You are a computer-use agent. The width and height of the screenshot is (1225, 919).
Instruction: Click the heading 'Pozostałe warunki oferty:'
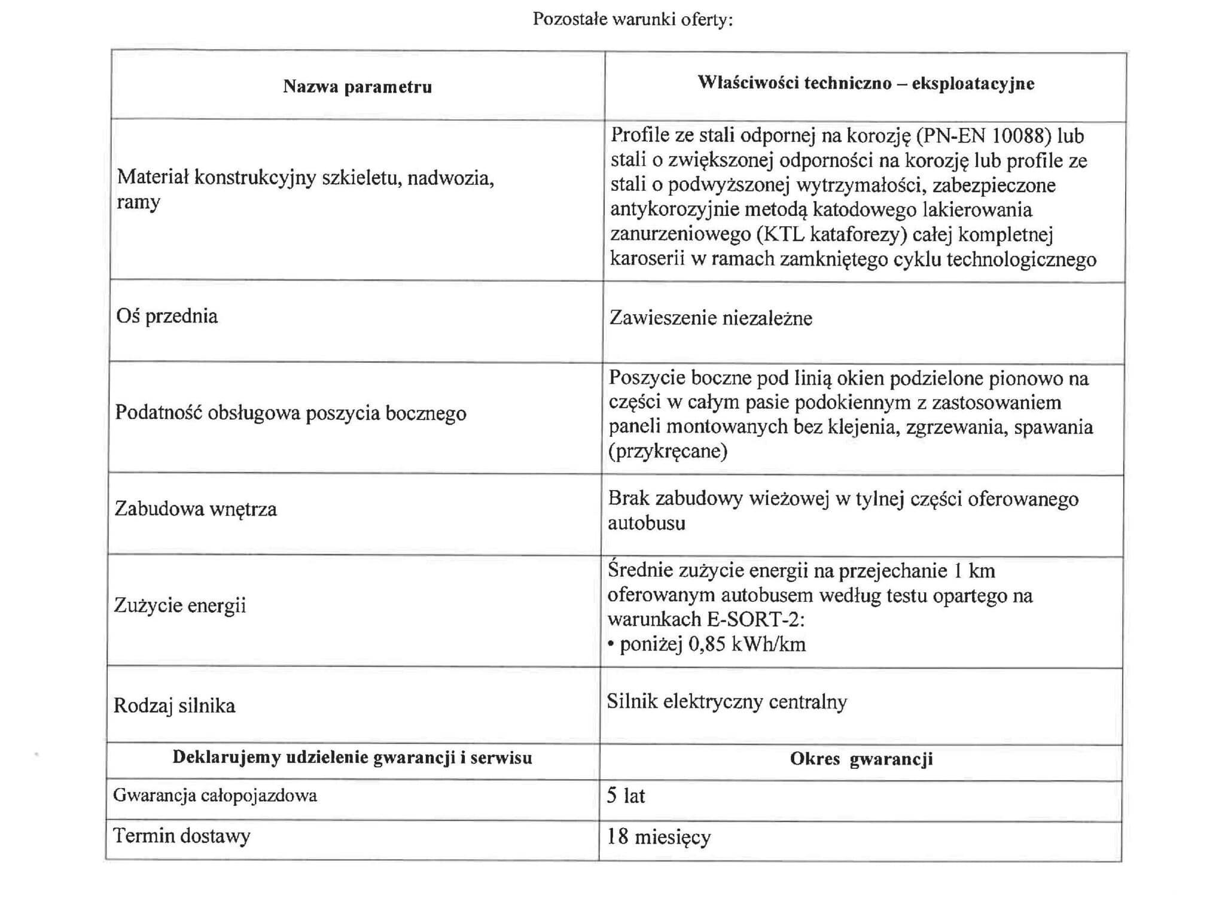point(632,20)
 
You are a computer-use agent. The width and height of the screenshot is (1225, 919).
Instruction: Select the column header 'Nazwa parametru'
point(357,87)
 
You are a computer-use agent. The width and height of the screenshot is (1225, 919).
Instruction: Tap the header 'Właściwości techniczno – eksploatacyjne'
point(866,83)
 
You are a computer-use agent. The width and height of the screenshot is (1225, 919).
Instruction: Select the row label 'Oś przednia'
point(167,316)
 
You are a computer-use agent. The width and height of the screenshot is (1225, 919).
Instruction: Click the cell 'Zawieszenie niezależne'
point(711,318)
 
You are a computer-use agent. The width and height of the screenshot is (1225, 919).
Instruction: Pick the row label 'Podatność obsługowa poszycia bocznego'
point(291,413)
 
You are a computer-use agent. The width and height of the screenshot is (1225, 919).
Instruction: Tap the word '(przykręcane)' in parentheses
point(668,451)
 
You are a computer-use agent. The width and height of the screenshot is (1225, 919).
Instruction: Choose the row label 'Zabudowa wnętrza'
point(196,509)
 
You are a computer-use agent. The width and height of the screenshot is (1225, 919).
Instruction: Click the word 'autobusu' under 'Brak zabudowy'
point(647,524)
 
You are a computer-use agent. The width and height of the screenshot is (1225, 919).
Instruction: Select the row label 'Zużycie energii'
point(180,605)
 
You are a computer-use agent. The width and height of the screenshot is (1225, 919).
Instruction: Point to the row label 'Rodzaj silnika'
point(174,706)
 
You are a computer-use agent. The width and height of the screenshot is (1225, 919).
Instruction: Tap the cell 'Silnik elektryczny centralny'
point(727,702)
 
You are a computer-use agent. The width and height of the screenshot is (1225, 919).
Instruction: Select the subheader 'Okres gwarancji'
point(861,759)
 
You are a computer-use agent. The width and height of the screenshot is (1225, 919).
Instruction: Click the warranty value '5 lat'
point(626,796)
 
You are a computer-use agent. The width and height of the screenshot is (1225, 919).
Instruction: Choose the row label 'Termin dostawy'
point(182,836)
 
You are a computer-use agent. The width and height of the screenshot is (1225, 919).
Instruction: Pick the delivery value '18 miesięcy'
point(659,837)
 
